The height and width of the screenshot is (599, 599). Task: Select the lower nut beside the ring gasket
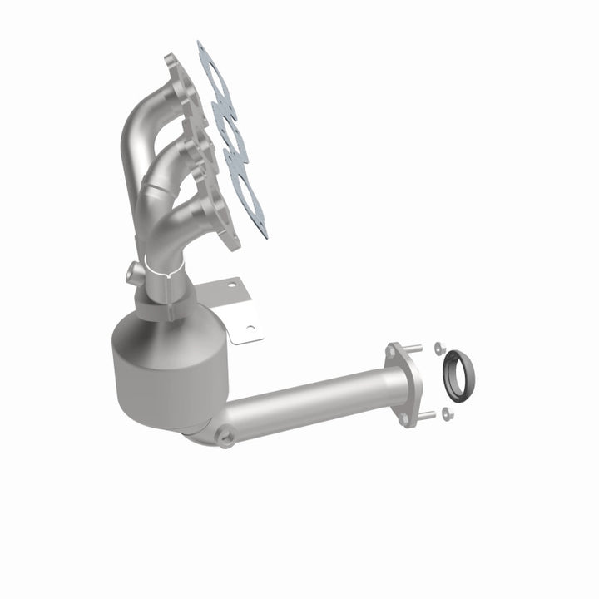point(448,411)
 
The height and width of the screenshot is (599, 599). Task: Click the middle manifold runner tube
point(166,161)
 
